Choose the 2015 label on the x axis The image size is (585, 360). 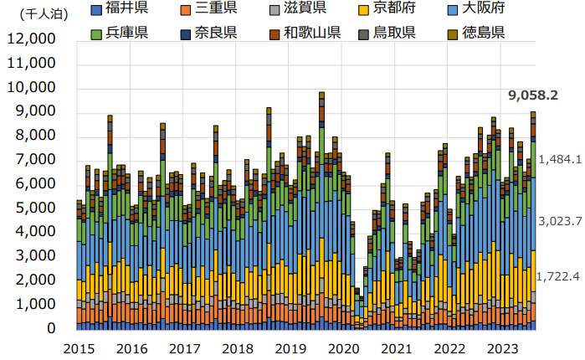pyautogui.click(x=79, y=347)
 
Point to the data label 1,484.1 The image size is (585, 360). pyautogui.click(x=559, y=159)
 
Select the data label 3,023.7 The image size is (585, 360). pyautogui.click(x=559, y=221)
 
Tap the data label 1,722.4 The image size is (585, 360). pyautogui.click(x=559, y=276)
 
